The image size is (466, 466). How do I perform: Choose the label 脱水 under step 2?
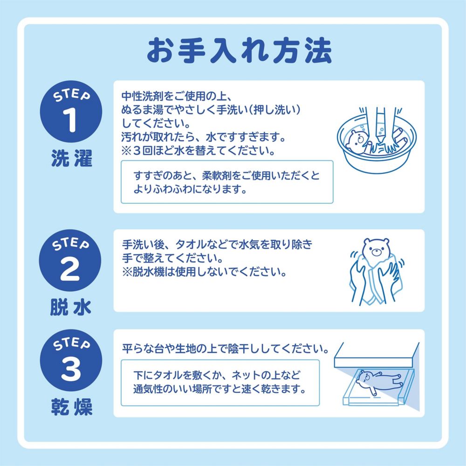point(71,308)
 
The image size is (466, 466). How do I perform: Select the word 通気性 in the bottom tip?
point(149,388)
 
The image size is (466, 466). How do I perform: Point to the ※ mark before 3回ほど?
point(127,151)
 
